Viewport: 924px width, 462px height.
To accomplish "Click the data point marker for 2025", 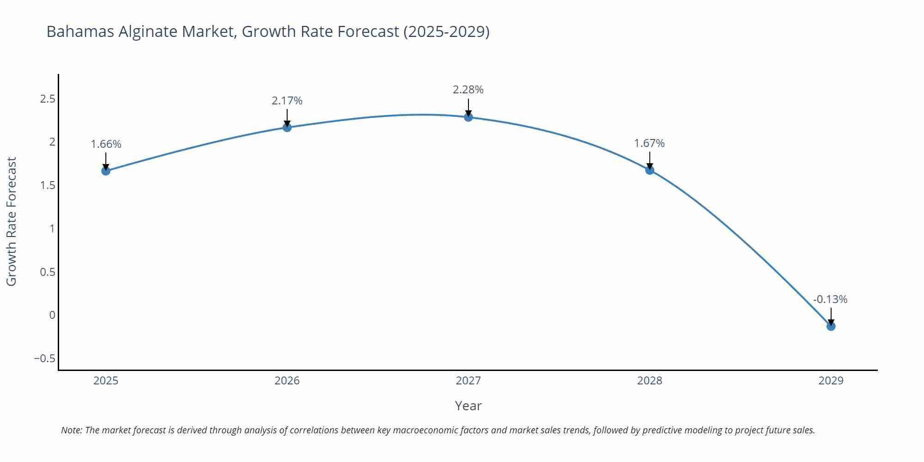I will click(106, 171).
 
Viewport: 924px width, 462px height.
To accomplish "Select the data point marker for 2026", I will click(287, 127).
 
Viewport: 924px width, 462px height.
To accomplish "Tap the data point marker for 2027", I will click(468, 117).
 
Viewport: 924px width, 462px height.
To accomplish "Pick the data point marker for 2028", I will click(650, 170).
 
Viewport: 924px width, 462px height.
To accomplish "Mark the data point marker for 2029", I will click(831, 326).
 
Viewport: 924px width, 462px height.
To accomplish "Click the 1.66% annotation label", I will click(106, 144).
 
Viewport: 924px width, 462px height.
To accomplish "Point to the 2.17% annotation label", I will click(287, 101).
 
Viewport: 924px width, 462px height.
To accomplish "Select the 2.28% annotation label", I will click(468, 90).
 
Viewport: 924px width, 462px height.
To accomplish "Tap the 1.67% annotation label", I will click(649, 143).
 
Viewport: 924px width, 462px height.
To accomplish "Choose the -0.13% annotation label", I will click(830, 299).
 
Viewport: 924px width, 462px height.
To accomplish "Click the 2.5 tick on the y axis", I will click(48, 99).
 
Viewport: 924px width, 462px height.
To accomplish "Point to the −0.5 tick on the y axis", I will click(44, 359).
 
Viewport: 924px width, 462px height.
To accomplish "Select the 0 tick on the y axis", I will click(52, 315).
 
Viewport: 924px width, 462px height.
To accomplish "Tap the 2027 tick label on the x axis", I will click(468, 381).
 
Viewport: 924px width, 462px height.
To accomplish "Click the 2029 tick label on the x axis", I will click(831, 381).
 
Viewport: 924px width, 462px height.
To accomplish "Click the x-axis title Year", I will click(468, 406).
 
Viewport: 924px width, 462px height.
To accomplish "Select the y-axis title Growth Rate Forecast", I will click(12, 222).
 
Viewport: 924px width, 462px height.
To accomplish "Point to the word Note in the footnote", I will click(71, 430).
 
